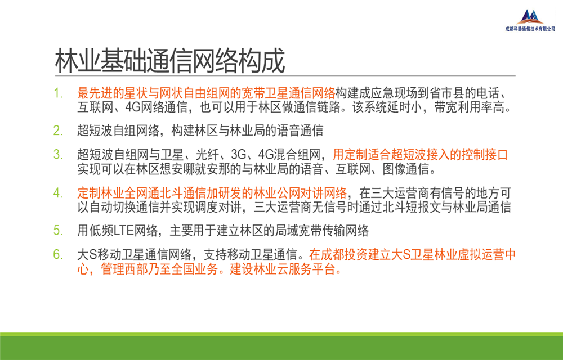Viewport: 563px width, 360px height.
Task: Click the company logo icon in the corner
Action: [530, 17]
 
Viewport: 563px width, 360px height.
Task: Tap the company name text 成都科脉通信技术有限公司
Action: [530, 29]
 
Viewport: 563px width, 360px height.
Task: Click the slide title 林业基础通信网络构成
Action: [170, 61]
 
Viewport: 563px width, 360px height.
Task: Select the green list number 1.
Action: [58, 93]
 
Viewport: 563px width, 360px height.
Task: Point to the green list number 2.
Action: [58, 130]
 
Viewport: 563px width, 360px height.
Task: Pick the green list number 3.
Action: [58, 155]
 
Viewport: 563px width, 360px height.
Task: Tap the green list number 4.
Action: [58, 193]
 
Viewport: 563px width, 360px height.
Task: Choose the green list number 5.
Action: [58, 230]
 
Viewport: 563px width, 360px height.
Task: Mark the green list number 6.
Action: [58, 255]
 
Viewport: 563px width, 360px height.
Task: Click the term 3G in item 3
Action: [239, 155]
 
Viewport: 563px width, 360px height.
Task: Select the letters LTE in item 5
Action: [124, 231]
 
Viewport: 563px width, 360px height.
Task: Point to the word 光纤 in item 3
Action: [208, 155]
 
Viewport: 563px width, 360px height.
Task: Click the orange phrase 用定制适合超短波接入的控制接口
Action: [421, 155]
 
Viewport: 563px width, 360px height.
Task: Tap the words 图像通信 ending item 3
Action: [406, 169]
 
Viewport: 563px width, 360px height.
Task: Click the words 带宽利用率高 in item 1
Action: [470, 107]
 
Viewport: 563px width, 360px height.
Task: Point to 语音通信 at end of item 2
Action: [300, 130]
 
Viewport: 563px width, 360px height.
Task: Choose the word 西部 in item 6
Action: [136, 269]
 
